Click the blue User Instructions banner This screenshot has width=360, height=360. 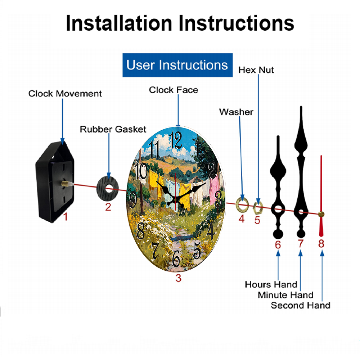click(177, 65)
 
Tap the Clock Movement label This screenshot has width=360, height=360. click(65, 94)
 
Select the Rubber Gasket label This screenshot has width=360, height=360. click(113, 129)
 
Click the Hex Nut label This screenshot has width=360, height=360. click(256, 70)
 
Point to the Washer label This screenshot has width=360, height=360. click(236, 112)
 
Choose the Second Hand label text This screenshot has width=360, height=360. click(301, 306)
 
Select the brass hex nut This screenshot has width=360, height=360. click(258, 208)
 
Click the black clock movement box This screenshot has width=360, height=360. click(55, 181)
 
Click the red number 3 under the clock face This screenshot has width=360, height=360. click(179, 278)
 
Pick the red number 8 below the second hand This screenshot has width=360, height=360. click(321, 244)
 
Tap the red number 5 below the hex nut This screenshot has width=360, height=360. click(257, 220)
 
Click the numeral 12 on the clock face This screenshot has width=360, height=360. click(176, 140)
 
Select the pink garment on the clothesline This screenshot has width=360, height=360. click(214, 189)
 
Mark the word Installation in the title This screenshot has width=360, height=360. click(119, 23)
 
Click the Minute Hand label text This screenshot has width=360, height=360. click(285, 295)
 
